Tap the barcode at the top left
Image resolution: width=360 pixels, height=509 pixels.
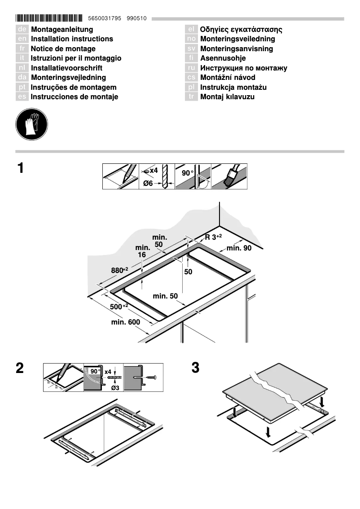[x=49, y=18]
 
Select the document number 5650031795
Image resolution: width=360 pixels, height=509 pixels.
[x=105, y=18]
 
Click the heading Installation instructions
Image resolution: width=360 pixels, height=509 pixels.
[x=72, y=39]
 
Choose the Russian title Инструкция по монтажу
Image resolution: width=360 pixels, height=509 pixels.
[x=243, y=68]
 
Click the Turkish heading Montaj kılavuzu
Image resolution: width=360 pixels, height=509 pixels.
[x=227, y=97]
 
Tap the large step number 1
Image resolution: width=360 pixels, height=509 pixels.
[x=20, y=170]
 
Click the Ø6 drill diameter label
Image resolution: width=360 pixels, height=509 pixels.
[x=148, y=184]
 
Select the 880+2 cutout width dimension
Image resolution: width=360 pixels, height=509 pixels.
[x=119, y=270]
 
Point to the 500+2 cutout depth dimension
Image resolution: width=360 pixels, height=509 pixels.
[x=119, y=307]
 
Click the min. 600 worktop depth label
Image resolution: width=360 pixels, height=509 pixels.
[x=126, y=322]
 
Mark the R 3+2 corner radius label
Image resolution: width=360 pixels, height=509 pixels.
[x=213, y=237]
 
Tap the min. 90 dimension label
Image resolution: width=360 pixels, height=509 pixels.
[x=239, y=248]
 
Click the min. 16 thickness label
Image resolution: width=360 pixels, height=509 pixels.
[x=142, y=251]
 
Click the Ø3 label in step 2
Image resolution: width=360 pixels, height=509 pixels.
[x=115, y=387]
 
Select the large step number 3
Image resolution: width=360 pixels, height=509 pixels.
[x=195, y=368]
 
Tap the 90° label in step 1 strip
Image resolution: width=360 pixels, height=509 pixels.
[x=187, y=173]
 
